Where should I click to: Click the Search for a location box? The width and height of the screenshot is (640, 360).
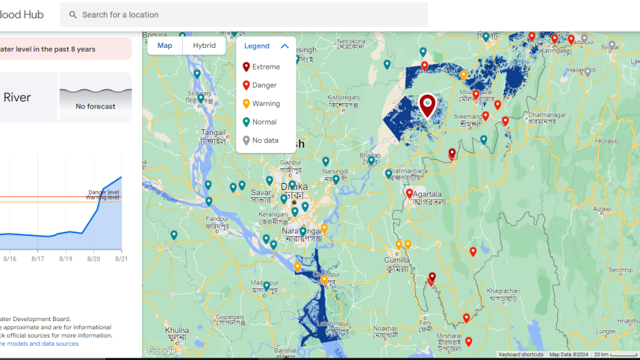(246, 14)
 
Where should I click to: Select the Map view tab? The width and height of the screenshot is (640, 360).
(165, 46)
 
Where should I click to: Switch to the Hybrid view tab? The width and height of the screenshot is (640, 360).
(204, 46)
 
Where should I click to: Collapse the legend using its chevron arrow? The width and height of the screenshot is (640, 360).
(285, 46)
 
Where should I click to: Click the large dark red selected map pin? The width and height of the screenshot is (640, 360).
(426, 105)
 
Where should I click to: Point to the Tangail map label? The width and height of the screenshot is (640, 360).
(214, 132)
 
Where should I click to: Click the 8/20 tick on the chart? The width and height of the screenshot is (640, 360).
(93, 258)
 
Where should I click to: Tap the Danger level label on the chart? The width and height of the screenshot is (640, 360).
(103, 193)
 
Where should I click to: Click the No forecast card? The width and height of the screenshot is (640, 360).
(96, 97)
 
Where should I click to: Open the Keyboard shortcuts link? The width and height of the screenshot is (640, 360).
(521, 355)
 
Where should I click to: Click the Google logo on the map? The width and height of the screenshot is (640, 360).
(161, 351)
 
